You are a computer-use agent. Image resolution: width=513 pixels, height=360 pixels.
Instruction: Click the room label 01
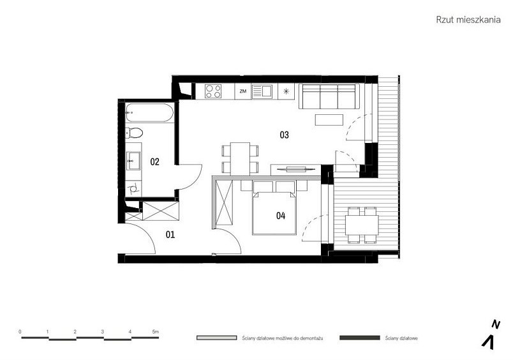click(x=170, y=234)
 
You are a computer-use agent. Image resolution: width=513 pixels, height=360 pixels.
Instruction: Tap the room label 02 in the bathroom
click(x=155, y=161)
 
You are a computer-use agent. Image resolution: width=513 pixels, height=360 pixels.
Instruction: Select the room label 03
click(x=285, y=135)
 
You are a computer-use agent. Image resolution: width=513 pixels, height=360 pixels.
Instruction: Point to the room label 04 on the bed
click(x=281, y=215)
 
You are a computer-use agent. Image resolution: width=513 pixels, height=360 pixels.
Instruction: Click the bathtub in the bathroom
click(x=149, y=113)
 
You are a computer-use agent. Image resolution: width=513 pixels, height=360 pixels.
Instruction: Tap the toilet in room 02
click(x=134, y=133)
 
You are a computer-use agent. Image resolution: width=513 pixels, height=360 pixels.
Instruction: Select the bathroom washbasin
click(x=133, y=161)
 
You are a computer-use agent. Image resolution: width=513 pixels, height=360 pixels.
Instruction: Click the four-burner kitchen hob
click(x=213, y=91)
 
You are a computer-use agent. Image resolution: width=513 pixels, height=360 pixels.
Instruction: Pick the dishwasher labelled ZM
click(x=242, y=91)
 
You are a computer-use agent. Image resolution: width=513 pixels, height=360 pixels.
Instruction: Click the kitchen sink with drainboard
click(x=262, y=91)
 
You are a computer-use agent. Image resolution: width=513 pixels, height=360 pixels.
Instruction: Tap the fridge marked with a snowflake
click(x=286, y=91)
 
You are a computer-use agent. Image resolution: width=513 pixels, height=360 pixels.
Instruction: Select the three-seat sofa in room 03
click(x=329, y=96)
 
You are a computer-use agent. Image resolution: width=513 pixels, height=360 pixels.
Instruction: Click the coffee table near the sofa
click(x=329, y=120)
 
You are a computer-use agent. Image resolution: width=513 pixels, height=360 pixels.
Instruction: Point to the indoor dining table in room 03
click(x=240, y=159)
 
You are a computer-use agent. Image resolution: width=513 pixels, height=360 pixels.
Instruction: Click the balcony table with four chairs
click(x=362, y=225)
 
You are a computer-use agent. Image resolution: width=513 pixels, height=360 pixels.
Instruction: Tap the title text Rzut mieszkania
click(x=468, y=20)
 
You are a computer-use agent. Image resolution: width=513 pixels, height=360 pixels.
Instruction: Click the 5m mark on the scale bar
click(x=156, y=331)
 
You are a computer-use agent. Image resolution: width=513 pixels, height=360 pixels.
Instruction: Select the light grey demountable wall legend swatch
click(x=216, y=338)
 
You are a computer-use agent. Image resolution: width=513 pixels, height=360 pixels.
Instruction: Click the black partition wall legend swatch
click(x=360, y=338)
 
